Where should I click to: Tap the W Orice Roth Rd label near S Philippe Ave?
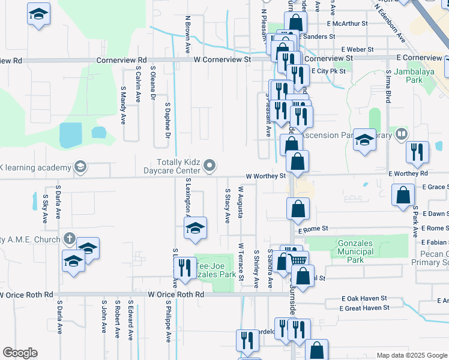pos(176,295)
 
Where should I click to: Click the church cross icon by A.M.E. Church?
pos(69,239)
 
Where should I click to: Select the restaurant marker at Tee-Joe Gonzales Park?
pos(185,268)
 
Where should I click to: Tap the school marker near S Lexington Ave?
pos(194,228)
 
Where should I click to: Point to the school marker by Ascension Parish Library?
pos(364,140)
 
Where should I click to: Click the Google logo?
pos(20,353)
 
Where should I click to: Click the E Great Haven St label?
pos(364,308)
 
